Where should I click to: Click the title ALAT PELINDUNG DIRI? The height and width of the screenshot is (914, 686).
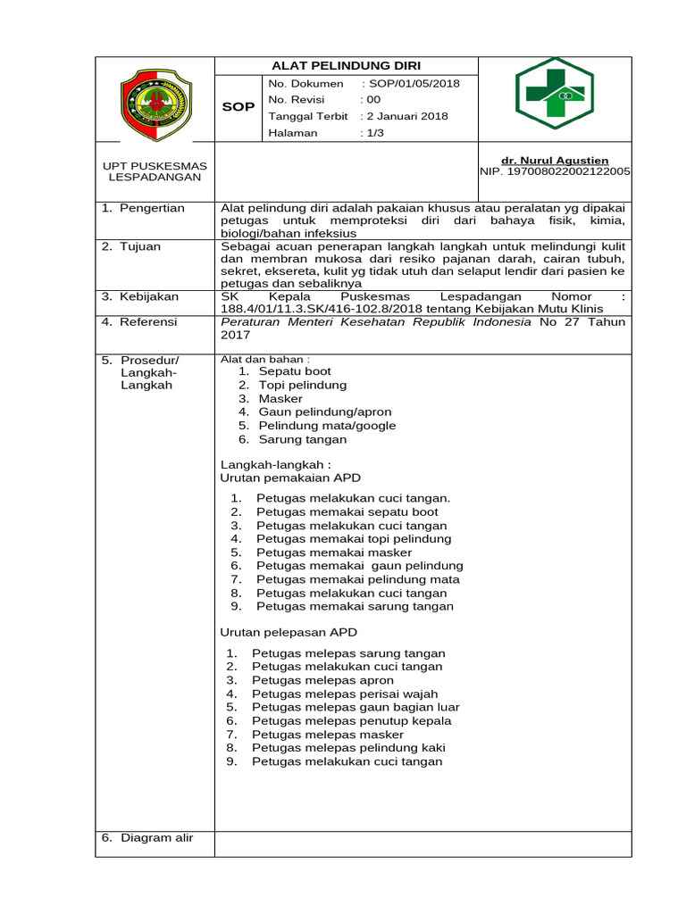[346, 66]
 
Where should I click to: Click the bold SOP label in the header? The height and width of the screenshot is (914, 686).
[238, 107]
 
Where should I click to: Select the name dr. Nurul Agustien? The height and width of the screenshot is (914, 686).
[555, 161]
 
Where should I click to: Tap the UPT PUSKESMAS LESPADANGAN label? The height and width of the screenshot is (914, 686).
[155, 171]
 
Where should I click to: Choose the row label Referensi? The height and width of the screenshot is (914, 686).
[149, 321]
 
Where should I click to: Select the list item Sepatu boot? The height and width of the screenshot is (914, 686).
[295, 371]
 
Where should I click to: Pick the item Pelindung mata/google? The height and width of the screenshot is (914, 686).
[327, 426]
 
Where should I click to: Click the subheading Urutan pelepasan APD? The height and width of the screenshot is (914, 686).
[289, 632]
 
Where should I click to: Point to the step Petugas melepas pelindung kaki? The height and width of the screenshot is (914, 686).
[348, 748]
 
